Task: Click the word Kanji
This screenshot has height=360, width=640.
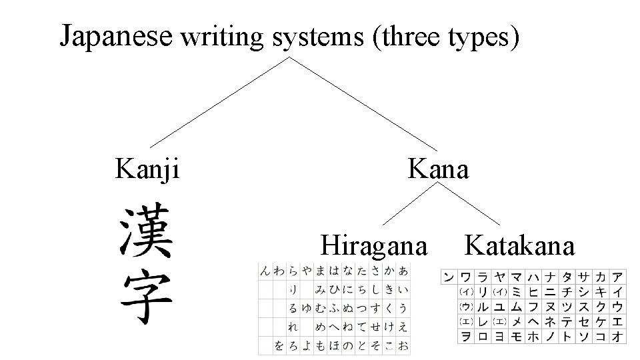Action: (147, 169)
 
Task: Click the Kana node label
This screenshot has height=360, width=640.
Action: (439, 169)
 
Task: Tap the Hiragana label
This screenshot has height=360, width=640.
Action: (373, 245)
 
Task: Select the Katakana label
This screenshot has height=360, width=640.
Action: (519, 245)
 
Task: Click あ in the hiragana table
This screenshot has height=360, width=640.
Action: (403, 271)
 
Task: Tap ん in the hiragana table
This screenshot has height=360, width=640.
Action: (266, 271)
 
